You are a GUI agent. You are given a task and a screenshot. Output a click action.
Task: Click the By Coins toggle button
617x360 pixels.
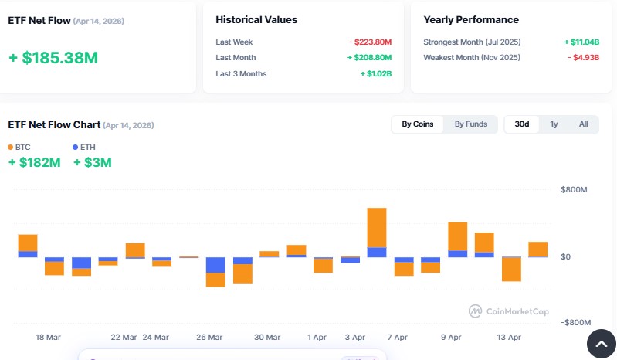418,124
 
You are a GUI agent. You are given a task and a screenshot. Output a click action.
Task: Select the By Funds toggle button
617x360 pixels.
470,124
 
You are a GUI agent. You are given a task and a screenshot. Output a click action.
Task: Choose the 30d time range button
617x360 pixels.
522,124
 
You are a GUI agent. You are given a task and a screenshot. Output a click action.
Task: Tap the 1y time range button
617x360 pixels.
554,124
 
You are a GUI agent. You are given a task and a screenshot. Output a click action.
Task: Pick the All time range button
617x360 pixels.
583,124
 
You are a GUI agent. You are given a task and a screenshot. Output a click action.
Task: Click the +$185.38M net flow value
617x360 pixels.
53,58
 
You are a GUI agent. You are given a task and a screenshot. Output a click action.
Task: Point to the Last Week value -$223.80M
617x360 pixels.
370,42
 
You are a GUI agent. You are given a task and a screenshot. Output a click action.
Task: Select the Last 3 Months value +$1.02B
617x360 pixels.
375,73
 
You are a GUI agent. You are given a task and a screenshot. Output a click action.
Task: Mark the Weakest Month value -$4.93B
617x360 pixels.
584,58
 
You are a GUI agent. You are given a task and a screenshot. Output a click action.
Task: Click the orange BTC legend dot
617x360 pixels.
11,147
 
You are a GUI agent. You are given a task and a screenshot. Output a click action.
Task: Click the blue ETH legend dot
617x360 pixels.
76,147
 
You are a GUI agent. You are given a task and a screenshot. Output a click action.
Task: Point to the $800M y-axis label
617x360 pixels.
574,190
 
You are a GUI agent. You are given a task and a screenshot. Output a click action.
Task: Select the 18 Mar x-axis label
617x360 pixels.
48,338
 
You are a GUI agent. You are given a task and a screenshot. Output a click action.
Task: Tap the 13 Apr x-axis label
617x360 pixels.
509,338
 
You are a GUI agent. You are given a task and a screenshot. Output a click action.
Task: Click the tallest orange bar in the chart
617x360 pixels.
377,227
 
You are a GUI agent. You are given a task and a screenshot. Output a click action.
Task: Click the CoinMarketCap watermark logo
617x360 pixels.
476,311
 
